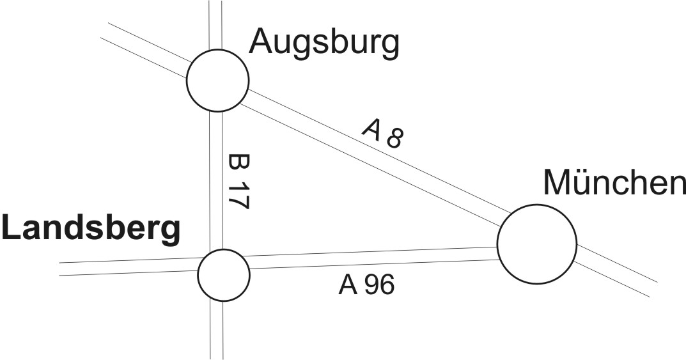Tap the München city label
(614, 183)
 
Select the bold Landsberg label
(90, 229)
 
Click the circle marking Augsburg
(217, 81)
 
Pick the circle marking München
(537, 244)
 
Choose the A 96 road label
(366, 285)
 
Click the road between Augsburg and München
(371, 155)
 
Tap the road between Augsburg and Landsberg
(216, 179)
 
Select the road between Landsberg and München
(371, 258)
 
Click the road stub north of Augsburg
(216, 24)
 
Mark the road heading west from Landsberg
(128, 267)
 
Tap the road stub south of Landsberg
(217, 329)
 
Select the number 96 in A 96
(380, 285)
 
